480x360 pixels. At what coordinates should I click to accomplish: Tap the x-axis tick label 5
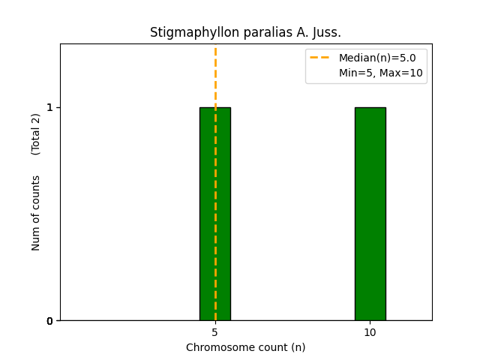coord(215,332)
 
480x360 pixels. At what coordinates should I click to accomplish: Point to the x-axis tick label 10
coord(370,332)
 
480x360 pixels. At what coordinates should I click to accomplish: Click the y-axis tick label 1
coord(50,107)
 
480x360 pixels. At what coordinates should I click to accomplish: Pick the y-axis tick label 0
coord(50,321)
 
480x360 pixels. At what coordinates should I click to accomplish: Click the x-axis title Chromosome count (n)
coord(245,347)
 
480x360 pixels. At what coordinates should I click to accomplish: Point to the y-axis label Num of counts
coord(36,213)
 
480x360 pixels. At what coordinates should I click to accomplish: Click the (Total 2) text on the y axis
coord(36,134)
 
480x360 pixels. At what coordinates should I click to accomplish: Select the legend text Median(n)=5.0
coord(377,58)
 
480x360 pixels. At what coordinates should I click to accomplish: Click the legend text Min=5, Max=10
coord(380,73)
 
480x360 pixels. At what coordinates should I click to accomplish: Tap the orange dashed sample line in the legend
coord(320,58)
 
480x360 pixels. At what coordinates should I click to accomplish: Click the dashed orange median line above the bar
coord(215,75)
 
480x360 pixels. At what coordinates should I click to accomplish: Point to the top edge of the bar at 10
coord(370,108)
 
